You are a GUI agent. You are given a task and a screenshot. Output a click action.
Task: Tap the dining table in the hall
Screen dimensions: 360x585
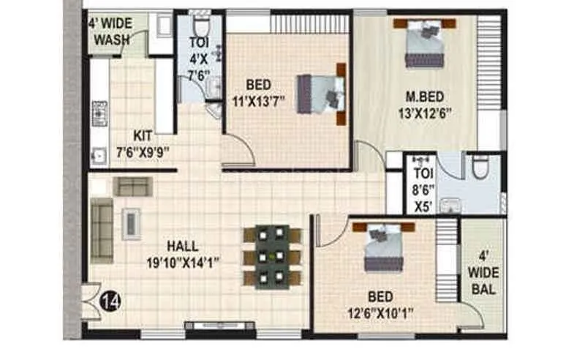click(273, 257)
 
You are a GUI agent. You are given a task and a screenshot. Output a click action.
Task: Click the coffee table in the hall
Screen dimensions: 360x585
click(132, 223)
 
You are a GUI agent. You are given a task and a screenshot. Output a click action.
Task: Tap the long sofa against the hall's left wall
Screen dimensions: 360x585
click(102, 230)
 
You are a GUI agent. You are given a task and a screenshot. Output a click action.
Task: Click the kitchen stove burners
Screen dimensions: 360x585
click(99, 113)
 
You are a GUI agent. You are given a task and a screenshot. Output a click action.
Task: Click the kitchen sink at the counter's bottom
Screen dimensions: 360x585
click(99, 155)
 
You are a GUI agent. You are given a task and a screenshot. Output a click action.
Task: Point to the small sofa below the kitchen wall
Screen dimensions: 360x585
click(132, 186)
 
